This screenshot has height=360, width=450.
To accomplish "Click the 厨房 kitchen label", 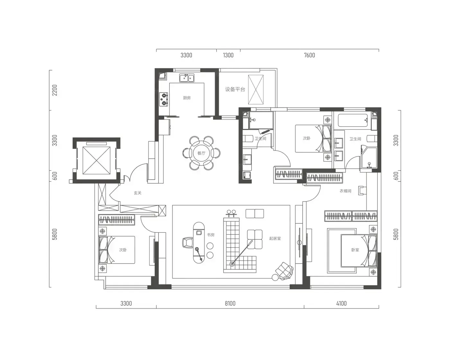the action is [x=187, y=98].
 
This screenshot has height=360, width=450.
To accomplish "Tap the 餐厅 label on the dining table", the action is [x=201, y=153].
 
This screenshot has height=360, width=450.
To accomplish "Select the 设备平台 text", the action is [x=235, y=89].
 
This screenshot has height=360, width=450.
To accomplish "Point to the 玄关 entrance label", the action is [x=138, y=193].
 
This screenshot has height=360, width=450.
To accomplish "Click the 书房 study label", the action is [x=211, y=235].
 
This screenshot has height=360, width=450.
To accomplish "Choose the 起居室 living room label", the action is [x=275, y=239].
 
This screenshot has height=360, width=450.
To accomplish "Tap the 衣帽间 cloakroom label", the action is [x=345, y=191].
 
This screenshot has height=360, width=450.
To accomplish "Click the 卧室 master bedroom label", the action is [x=355, y=250].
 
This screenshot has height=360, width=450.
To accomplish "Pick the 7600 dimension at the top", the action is [x=309, y=55].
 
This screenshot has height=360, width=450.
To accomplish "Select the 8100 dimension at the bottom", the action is [x=230, y=303].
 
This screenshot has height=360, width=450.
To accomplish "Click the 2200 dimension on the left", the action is [x=55, y=90].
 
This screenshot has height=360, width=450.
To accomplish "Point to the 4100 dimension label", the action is [x=341, y=303].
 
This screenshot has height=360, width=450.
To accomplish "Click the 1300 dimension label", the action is [x=228, y=55].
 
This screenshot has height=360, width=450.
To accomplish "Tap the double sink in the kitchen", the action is [x=187, y=78].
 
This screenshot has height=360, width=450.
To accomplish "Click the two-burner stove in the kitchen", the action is [x=164, y=99].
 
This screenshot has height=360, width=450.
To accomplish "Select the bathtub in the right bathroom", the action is [x=353, y=120].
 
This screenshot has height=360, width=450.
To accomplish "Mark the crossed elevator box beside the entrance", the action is [x=96, y=160].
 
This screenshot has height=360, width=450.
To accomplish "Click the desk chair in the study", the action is [x=188, y=243].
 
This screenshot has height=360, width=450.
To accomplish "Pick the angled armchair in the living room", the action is [x=284, y=271].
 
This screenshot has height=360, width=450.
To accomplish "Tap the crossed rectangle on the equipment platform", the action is [x=256, y=90].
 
